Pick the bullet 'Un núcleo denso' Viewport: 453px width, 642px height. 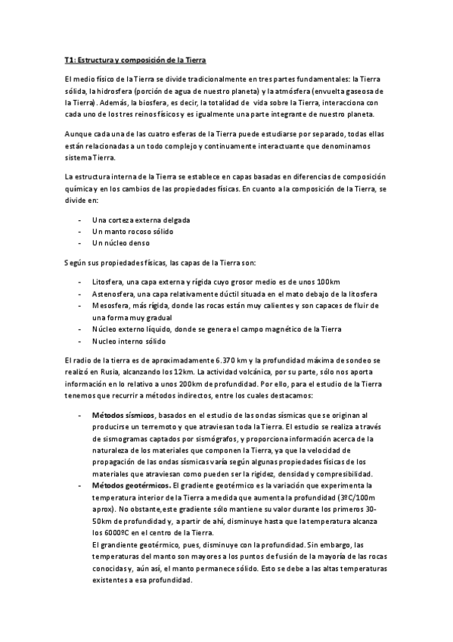click(x=120, y=243)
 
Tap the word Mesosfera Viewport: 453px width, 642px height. click(x=112, y=306)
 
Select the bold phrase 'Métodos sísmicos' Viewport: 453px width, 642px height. click(x=123, y=416)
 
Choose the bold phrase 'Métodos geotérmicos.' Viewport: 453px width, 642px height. click(x=131, y=485)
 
